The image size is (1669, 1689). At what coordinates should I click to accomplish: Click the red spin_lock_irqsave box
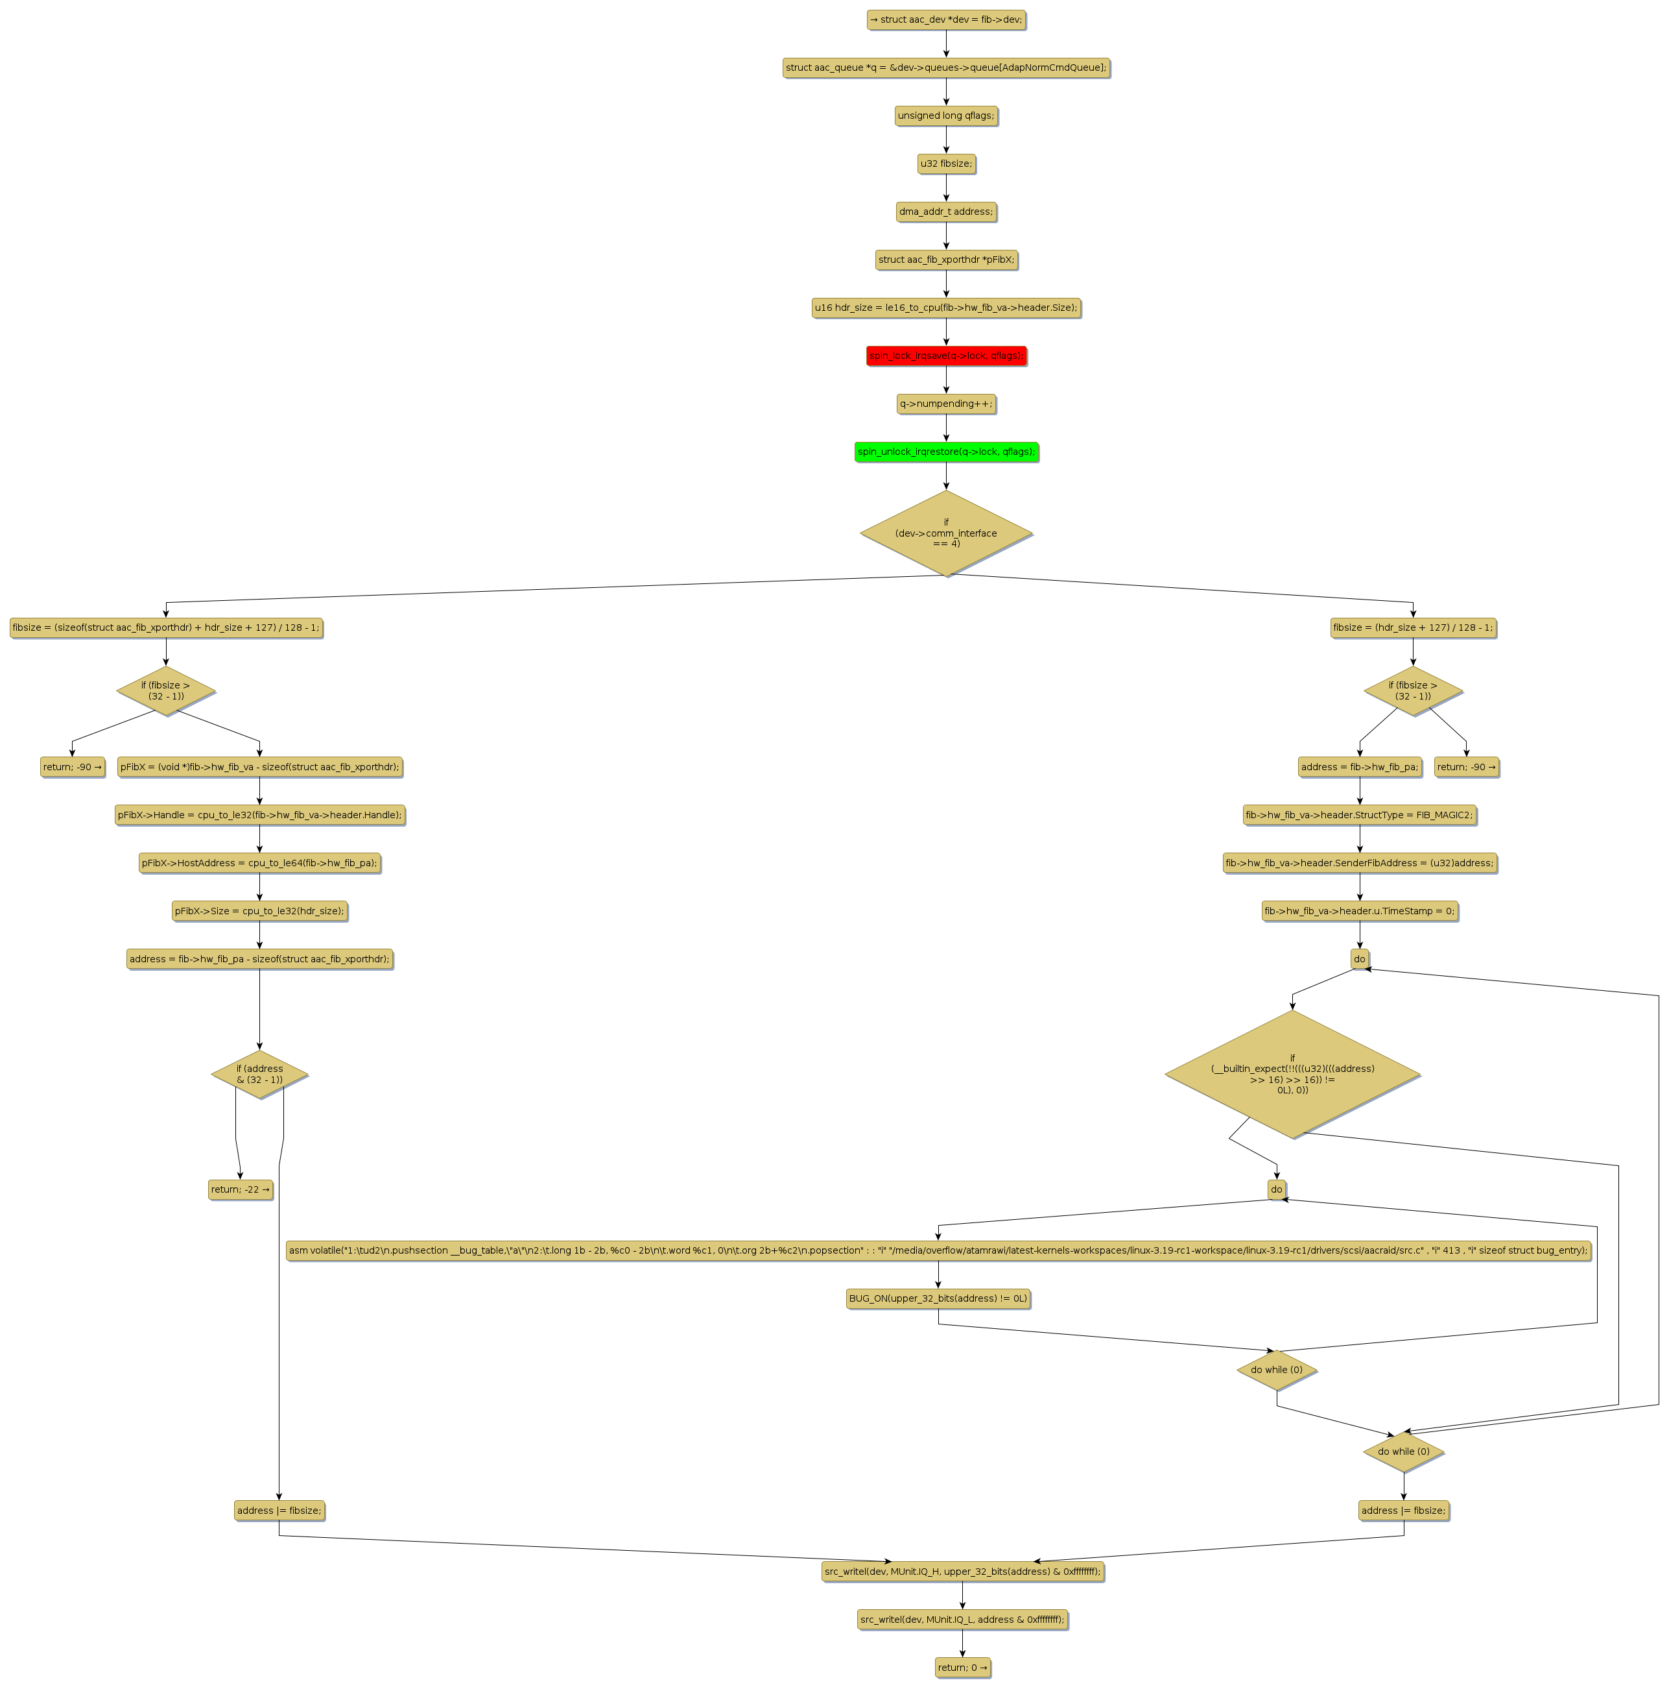[945, 356]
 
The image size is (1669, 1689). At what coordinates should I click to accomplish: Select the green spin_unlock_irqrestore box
[945, 452]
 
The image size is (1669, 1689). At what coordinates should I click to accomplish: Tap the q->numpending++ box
[945, 404]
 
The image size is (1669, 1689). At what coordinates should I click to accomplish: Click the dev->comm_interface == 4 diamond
[945, 533]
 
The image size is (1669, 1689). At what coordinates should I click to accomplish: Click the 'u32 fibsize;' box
[945, 164]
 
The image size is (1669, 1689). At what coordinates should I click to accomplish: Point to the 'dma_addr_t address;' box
[945, 212]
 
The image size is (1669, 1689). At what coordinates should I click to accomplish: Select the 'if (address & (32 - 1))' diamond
[259, 1075]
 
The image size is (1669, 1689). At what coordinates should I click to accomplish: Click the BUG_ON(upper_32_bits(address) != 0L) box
[938, 1298]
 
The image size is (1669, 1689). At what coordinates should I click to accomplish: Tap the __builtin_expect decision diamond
[1292, 1075]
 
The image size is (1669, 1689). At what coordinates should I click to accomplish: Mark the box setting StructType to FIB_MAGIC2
[1359, 815]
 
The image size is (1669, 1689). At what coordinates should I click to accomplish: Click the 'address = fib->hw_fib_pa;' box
[1359, 767]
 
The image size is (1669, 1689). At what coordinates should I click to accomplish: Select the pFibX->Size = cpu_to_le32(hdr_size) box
[259, 911]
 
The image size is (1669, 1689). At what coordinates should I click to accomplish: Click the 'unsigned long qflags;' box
[945, 115]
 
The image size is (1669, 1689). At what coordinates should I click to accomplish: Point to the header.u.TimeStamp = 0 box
[1359, 911]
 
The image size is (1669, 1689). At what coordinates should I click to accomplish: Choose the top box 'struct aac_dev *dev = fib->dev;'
[945, 19]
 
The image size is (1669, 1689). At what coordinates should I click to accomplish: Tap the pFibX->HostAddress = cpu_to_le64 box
[259, 863]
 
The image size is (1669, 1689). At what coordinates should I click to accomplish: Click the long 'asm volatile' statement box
[938, 1250]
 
